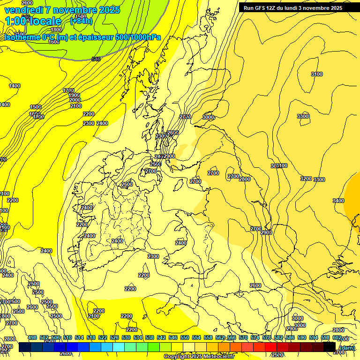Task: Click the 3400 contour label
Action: click(x=338, y=201)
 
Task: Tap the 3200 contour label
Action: click(x=306, y=179)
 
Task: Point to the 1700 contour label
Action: click(x=68, y=90)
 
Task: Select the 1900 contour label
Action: click(x=74, y=95)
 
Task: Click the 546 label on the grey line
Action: click(x=96, y=59)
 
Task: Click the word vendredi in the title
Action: click(x=23, y=9)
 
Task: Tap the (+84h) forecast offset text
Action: click(x=81, y=21)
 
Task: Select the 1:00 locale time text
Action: click(x=33, y=21)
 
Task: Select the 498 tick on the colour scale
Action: click(x=32, y=337)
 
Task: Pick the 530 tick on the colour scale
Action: click(x=126, y=337)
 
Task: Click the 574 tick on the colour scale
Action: click(x=255, y=337)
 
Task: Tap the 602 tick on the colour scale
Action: click(x=337, y=337)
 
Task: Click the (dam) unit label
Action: click(x=346, y=347)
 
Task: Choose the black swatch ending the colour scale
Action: click(x=330, y=347)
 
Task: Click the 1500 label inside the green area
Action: click(x=81, y=30)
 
